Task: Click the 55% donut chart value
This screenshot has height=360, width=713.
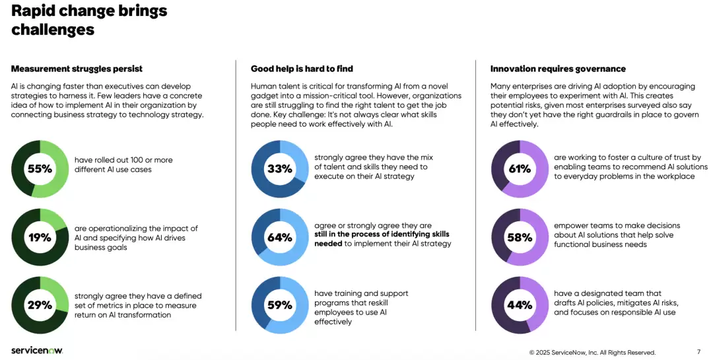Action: pos(40,169)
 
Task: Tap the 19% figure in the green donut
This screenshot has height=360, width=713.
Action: pos(40,238)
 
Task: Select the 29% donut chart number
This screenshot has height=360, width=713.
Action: pos(40,305)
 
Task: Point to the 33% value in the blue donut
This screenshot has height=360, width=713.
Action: pos(280,169)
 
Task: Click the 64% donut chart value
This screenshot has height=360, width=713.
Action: pos(280,238)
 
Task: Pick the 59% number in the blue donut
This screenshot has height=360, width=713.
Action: pos(280,305)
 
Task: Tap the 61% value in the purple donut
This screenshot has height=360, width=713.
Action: pos(520,169)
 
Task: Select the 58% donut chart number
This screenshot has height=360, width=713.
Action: pos(520,238)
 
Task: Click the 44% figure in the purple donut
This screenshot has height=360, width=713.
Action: pos(520,305)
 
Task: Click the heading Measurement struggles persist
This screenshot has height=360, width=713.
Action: pos(77,69)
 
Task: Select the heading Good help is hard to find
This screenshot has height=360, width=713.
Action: pos(302,69)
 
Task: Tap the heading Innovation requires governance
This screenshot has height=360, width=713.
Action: pos(558,69)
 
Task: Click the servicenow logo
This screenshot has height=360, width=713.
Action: pos(37,351)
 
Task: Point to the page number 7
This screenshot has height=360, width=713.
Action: pos(698,352)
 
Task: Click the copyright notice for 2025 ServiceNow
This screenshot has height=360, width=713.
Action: pos(592,352)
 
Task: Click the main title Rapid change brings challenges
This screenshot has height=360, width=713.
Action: pos(89,20)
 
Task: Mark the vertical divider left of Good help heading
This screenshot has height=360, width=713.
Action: pos(236,196)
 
